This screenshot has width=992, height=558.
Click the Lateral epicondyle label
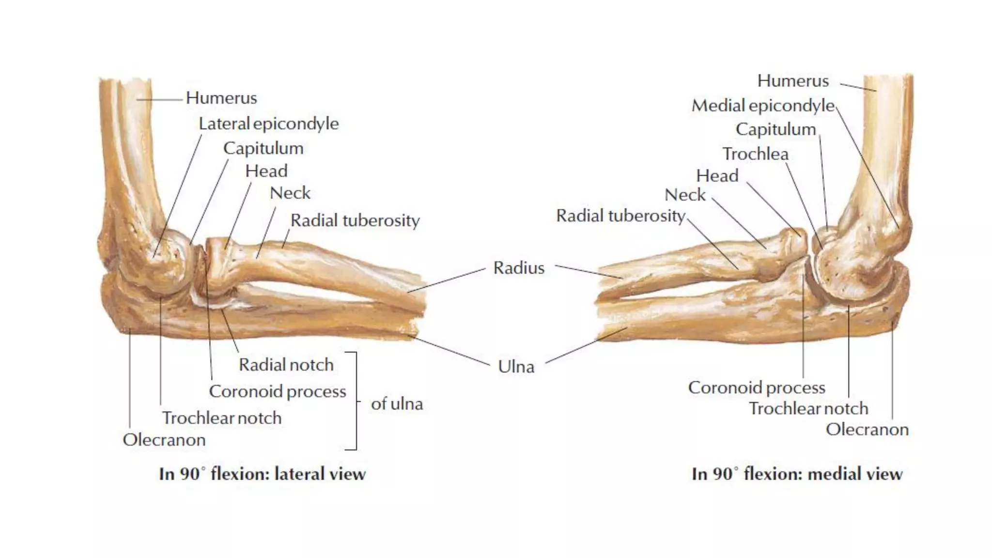(268, 124)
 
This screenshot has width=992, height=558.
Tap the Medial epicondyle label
(763, 106)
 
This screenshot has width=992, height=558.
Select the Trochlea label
(755, 154)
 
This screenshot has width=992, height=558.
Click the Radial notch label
(286, 365)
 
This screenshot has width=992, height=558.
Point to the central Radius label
(519, 268)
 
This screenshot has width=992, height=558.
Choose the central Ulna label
(516, 367)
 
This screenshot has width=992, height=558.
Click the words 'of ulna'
(397, 403)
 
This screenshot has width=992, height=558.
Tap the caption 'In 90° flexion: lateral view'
(262, 474)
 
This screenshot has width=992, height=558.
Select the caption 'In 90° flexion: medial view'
(797, 474)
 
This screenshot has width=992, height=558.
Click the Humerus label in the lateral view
(221, 98)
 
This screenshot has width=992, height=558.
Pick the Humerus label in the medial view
(793, 81)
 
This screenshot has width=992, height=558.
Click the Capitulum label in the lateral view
(263, 148)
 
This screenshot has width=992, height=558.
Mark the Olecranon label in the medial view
(867, 430)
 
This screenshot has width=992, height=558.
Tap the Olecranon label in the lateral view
(164, 440)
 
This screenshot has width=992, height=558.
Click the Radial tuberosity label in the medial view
(620, 216)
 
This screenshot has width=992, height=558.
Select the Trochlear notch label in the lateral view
(221, 418)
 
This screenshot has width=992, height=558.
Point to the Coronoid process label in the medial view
(757, 387)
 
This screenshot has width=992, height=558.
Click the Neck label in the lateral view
(290, 193)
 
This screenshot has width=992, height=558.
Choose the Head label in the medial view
(717, 175)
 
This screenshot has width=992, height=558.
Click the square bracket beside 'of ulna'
(356, 401)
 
